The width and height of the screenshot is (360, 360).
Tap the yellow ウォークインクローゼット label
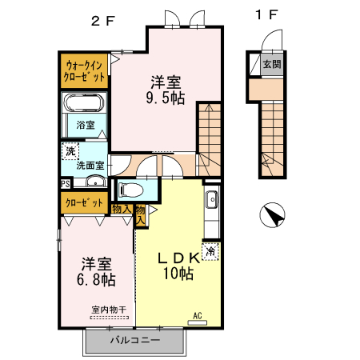tap(85, 70)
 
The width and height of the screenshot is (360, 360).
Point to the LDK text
tap(177, 258)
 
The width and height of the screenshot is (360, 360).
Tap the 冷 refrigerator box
tap(210, 251)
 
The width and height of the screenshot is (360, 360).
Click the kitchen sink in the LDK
tap(211, 200)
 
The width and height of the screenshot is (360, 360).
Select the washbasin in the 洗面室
tap(94, 181)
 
